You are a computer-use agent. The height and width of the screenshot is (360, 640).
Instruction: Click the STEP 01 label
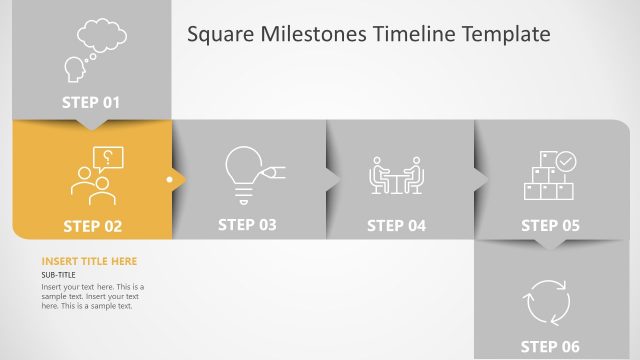pos(91,101)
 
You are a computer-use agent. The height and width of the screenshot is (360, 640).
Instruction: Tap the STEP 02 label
pos(92,226)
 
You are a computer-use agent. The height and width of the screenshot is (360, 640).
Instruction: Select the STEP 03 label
pos(247,224)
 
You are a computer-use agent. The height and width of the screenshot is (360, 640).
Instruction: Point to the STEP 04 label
pos(396,225)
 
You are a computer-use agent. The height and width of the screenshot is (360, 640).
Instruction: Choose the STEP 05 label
pos(550,225)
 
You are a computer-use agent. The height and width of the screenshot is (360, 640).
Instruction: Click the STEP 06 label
pos(550,346)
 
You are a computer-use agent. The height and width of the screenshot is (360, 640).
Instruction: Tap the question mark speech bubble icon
pos(106,157)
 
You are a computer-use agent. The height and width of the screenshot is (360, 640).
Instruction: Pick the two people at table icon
pos(397,176)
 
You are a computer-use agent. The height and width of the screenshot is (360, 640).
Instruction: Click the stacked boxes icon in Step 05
pos(548,183)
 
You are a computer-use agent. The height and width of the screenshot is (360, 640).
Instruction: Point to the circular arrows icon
pos(547,301)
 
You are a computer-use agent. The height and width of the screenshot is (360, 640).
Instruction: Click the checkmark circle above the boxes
pos(566,160)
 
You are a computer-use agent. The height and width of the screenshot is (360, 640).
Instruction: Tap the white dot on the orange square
pos(170,180)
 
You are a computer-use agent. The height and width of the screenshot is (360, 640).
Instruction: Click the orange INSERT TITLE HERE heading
pos(89,261)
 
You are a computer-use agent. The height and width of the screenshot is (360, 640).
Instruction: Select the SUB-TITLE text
pos(58,275)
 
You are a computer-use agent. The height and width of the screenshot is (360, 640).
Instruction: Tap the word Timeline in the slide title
pos(411,35)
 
